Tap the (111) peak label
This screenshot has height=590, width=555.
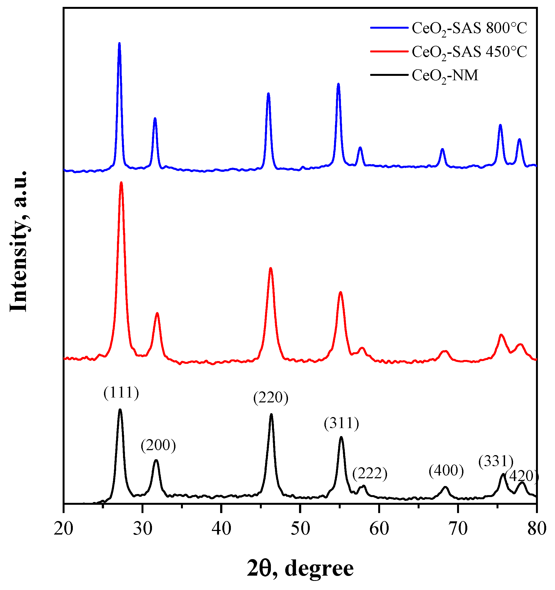(x=121, y=393)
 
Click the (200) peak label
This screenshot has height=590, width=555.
(x=158, y=446)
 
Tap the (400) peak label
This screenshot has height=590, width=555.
(x=446, y=471)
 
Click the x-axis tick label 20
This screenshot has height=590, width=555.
(x=63, y=529)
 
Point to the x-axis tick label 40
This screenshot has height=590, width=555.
(x=222, y=529)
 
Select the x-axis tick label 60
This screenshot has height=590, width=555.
(x=379, y=529)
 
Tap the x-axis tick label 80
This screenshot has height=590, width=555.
(x=537, y=529)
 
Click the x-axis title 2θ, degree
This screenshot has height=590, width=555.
(x=300, y=568)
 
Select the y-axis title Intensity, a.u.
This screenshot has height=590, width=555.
(x=18, y=241)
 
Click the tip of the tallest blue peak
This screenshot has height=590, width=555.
(x=119, y=43)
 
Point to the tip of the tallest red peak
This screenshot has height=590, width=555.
(x=121, y=183)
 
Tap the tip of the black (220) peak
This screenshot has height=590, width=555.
(x=271, y=414)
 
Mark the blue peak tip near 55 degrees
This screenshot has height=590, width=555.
(x=338, y=84)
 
